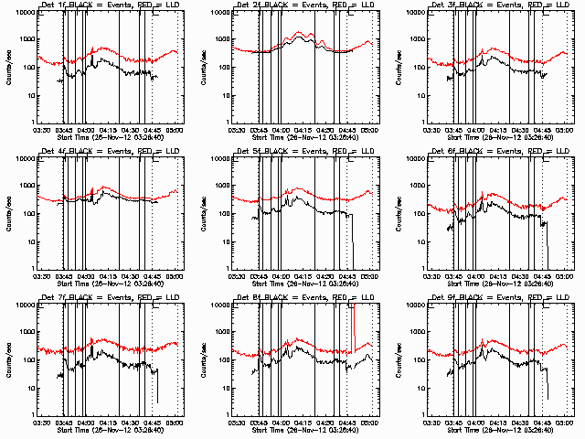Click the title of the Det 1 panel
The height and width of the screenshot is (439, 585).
tap(109, 6)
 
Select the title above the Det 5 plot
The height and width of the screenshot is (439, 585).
tap(304, 153)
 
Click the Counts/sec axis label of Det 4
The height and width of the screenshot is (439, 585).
tap(7, 212)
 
